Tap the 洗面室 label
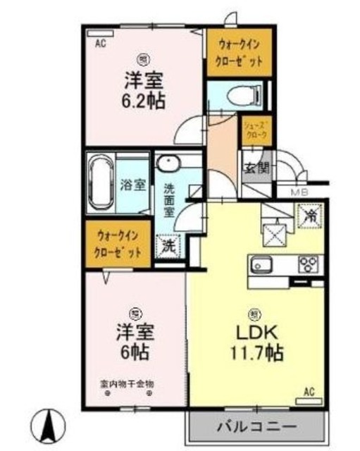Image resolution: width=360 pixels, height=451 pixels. click(x=170, y=199)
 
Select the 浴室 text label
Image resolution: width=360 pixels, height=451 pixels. click(x=133, y=185)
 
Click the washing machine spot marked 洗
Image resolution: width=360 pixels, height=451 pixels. click(x=168, y=247)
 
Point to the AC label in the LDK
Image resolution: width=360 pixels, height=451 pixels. click(x=308, y=392)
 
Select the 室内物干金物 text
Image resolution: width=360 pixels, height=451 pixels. click(x=126, y=384)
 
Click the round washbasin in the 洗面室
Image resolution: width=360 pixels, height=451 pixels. click(x=168, y=165)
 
